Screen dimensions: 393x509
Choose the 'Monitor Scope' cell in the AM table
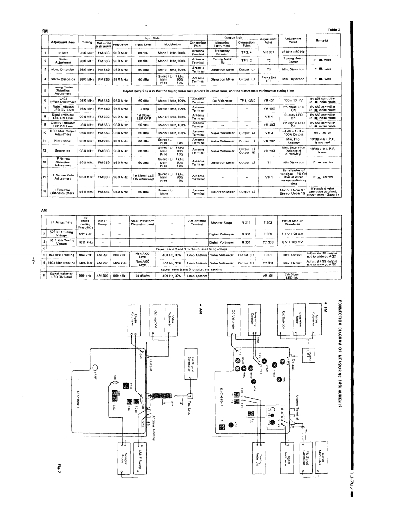pyautogui.click(x=222, y=224)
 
